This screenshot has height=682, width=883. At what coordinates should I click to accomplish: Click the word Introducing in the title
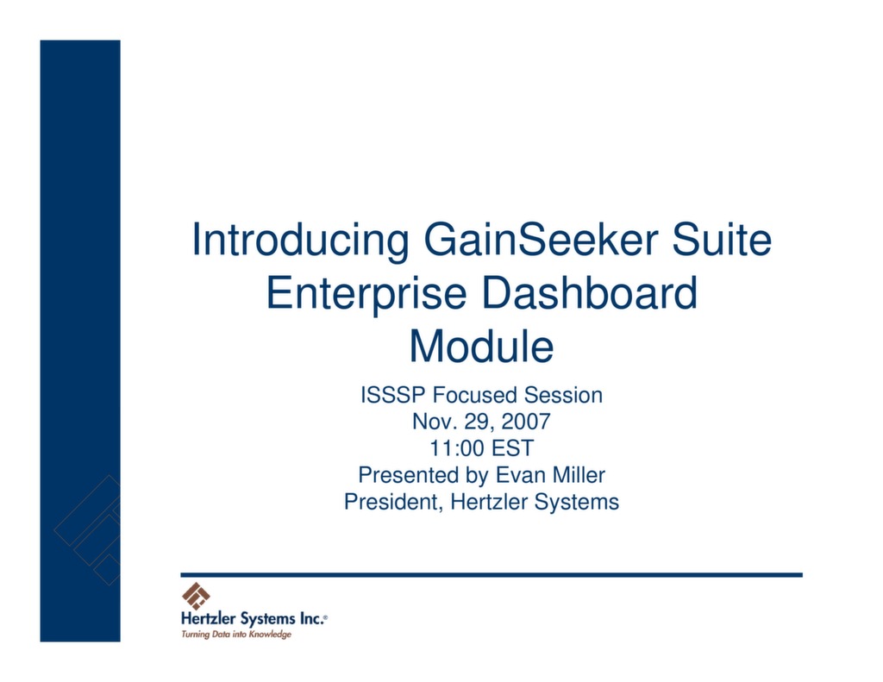pyautogui.click(x=300, y=240)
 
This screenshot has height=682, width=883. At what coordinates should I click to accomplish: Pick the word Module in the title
pyautogui.click(x=481, y=347)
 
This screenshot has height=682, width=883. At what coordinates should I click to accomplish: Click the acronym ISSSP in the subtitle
pyautogui.click(x=393, y=396)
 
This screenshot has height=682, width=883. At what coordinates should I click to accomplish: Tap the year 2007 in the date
pyautogui.click(x=524, y=422)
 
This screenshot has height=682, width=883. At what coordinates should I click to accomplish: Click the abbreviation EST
pyautogui.click(x=514, y=448)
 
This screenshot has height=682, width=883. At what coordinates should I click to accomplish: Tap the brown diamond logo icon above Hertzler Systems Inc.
pyautogui.click(x=196, y=596)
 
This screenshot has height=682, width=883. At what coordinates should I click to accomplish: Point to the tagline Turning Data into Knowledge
pyautogui.click(x=235, y=635)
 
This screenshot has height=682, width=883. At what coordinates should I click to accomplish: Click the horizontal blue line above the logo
pyautogui.click(x=491, y=574)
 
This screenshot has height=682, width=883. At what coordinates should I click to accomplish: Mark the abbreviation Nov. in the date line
pyautogui.click(x=433, y=422)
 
